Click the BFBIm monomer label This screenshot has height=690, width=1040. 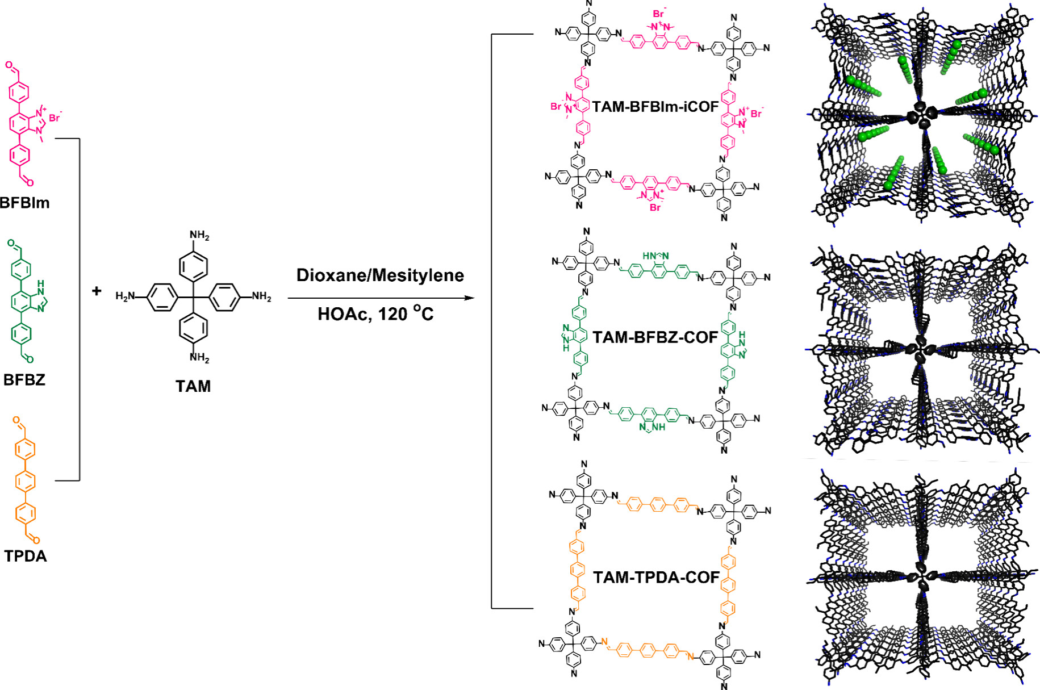tap(25, 203)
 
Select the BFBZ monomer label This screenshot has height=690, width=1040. tap(24, 379)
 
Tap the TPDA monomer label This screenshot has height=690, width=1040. tap(26, 556)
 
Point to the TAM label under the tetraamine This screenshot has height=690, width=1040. tap(193, 386)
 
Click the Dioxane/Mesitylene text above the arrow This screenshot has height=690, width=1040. tap(380, 275)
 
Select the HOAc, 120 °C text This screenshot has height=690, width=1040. tap(375, 313)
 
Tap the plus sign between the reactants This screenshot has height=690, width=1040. tap(97, 291)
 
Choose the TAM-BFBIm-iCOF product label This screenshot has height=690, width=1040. tap(655, 107)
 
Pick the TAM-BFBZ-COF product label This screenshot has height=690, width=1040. tap(655, 337)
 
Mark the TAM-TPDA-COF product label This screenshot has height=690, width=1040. tap(656, 578)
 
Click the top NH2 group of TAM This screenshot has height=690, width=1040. tap(199, 235)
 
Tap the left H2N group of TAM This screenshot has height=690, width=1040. tap(126, 296)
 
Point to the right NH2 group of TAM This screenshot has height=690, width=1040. tap(261, 296)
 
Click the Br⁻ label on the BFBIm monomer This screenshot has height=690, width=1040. tap(55, 118)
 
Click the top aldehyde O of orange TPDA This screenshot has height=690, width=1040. tap(16, 421)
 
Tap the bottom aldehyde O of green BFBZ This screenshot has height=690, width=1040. tap(30, 359)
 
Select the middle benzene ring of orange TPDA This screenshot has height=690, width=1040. tap(26, 482)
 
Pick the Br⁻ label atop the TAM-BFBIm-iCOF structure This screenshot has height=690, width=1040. tap(659, 14)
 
